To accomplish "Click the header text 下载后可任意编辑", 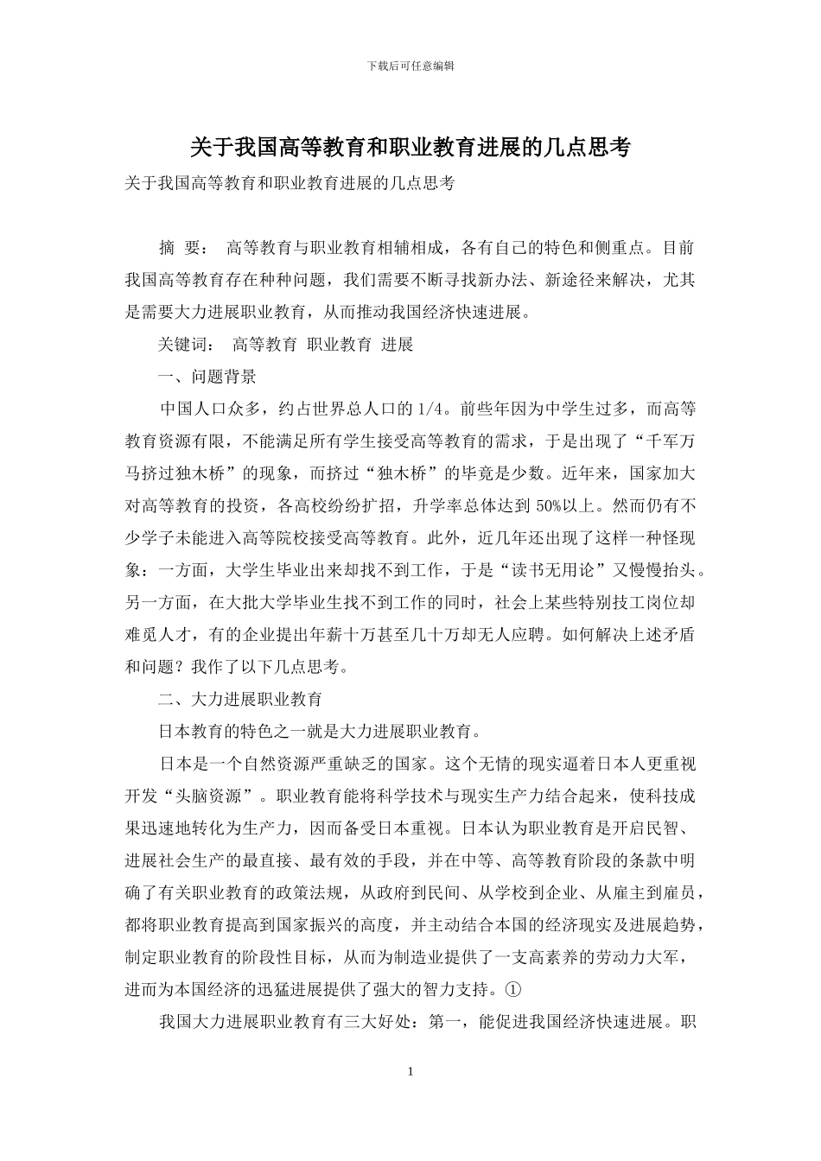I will (x=410, y=66).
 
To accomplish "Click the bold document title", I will (x=410, y=148).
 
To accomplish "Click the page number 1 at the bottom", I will (x=410, y=1072).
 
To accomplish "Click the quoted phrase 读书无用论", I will (x=555, y=569).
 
